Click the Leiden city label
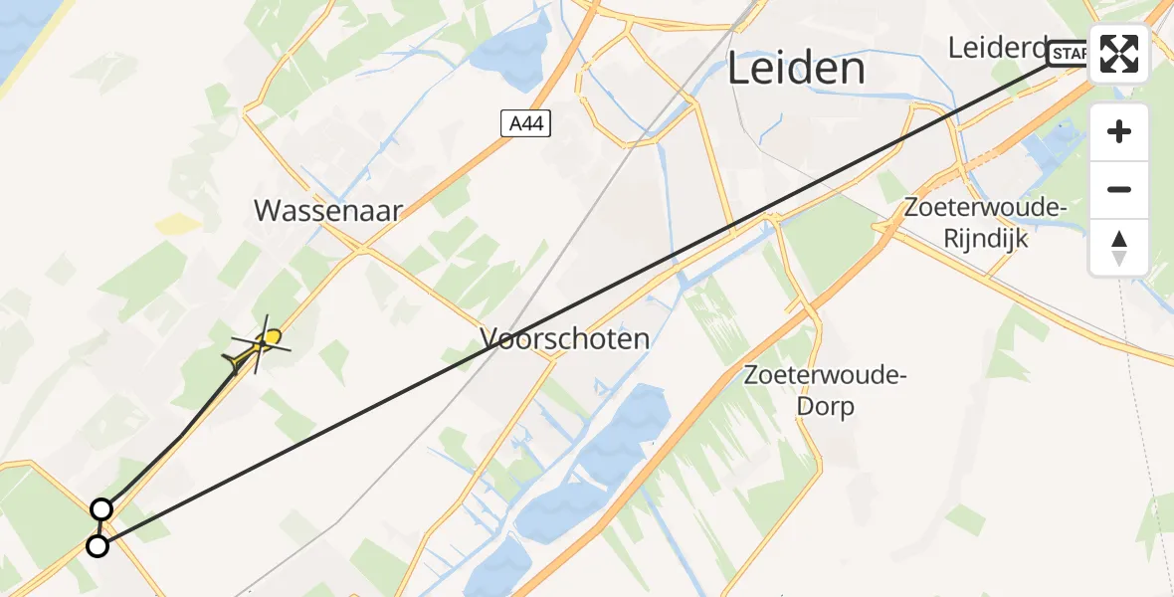795,69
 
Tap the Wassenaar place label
328,211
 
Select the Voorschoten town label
565,339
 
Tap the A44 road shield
525,123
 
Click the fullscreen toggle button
1119,54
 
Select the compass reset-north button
1119,248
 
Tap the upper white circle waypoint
101,510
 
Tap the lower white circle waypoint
98,546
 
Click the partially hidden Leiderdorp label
996,48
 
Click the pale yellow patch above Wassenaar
177,223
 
